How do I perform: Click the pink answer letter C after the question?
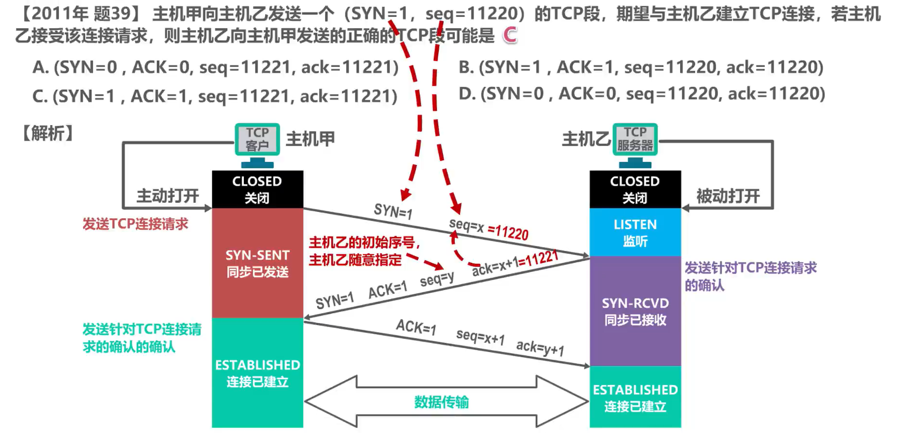coord(510,35)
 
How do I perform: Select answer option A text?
coord(215,67)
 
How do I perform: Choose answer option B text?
coord(641,67)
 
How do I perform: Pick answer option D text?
coord(642,94)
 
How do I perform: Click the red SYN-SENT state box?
coord(257,263)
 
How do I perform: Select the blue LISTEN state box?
coord(635,232)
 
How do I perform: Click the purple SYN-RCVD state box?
coord(635,311)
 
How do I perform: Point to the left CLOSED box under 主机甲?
coord(257,189)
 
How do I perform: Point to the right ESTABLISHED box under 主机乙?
coord(635,397)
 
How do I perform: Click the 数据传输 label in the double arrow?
coord(442,402)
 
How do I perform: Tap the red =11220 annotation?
coord(508,232)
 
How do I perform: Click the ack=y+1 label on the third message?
coord(540,348)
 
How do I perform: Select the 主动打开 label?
coord(168,196)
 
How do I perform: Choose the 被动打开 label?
coord(728,196)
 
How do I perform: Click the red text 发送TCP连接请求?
coord(135,224)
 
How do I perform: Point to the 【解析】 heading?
coord(48,133)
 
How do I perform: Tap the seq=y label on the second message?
coord(437,279)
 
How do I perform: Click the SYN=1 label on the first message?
coord(393,211)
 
